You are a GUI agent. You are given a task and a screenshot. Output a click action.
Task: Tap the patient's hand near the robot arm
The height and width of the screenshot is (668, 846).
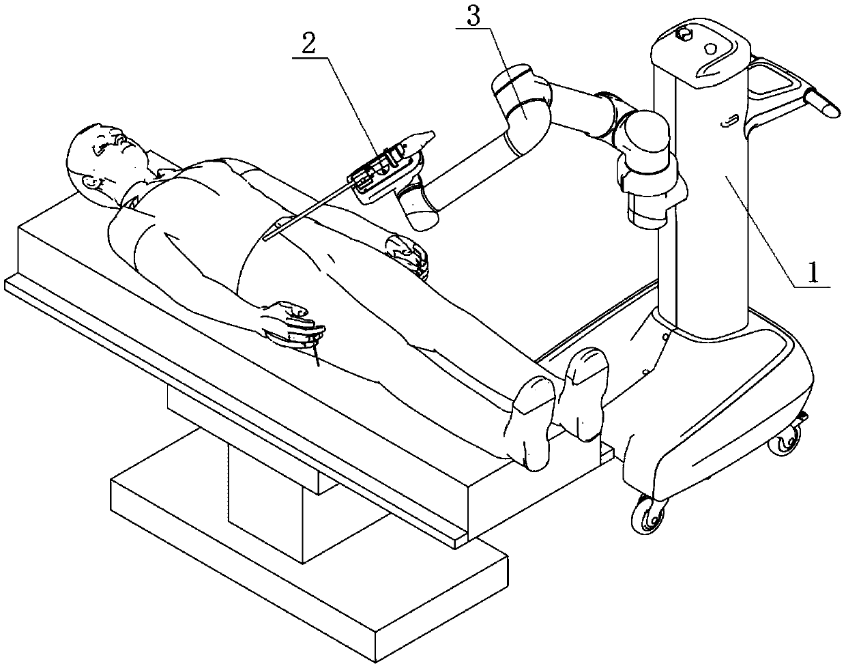(407, 254)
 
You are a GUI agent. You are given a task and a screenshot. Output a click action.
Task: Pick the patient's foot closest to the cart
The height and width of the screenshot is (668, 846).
(583, 392)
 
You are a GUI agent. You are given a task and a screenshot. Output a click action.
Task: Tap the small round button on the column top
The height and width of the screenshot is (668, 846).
(710, 48)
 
